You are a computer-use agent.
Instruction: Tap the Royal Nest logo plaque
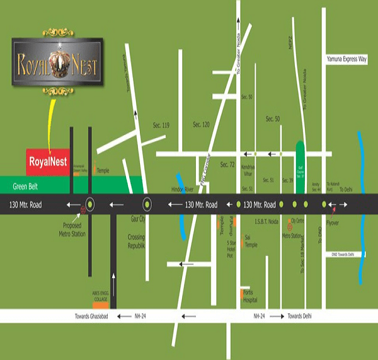click(57, 61)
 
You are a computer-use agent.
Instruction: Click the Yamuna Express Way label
click(346, 60)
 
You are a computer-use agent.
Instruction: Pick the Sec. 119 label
click(161, 125)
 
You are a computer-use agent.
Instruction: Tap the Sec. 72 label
click(227, 165)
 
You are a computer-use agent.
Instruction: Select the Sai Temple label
click(251, 242)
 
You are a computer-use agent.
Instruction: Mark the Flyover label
click(333, 223)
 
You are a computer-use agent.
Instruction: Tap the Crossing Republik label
click(136, 241)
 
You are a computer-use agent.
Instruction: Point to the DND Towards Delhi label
click(347, 254)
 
